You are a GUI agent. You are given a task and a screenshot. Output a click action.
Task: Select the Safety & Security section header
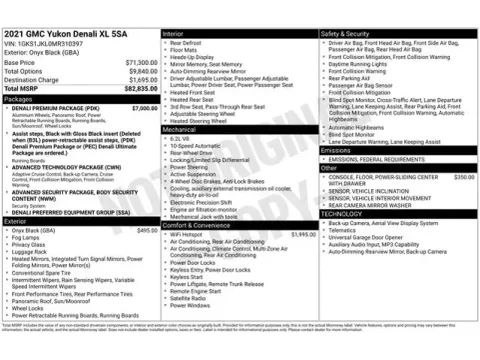345,34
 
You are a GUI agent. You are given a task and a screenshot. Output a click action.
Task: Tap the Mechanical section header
180,129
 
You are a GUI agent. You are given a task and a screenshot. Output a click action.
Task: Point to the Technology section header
341,213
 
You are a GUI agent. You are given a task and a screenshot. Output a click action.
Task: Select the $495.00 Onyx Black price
147,230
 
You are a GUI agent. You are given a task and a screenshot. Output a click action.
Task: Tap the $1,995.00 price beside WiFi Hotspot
303,233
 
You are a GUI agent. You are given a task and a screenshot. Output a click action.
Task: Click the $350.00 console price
463,176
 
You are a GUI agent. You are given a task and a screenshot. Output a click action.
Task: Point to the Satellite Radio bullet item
188,297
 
